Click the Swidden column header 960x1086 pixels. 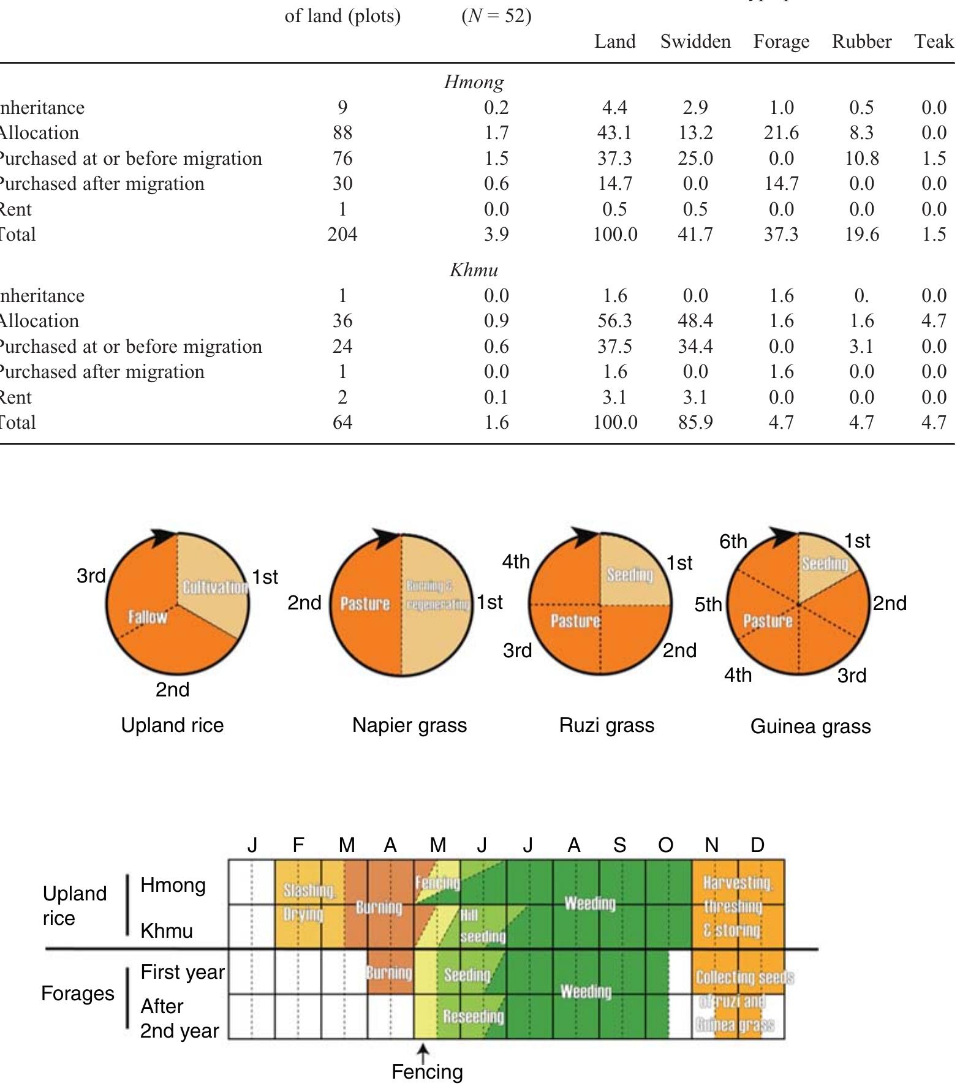click(x=695, y=42)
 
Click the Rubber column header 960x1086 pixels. click(x=861, y=42)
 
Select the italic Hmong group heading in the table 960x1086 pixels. click(x=474, y=81)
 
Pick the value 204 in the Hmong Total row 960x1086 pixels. click(x=342, y=234)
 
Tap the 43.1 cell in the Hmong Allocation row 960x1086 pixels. click(x=614, y=132)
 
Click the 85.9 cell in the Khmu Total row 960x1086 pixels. click(x=695, y=422)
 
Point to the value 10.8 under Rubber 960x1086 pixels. click(x=861, y=158)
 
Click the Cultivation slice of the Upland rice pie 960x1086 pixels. click(x=214, y=587)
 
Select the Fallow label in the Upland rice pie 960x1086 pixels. click(x=147, y=616)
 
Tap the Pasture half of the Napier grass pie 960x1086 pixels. click(x=365, y=604)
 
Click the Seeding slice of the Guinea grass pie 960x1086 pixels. click(x=825, y=563)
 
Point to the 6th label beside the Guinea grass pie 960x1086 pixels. click(x=733, y=541)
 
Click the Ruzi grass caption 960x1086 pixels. click(x=607, y=725)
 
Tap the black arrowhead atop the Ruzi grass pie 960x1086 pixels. click(x=585, y=536)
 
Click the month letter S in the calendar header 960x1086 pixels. click(x=619, y=845)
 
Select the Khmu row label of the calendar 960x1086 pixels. click(x=166, y=931)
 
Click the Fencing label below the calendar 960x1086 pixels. click(x=427, y=1072)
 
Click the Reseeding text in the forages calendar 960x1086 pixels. click(x=473, y=1017)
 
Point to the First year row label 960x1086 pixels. click(x=182, y=972)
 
